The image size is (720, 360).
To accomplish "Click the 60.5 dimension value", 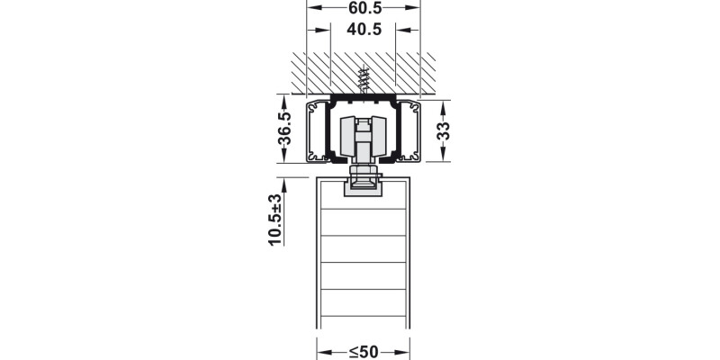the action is pos(365,7).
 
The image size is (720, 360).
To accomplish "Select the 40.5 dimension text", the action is pos(364,30).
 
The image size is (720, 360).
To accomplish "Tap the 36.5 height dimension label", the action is pos(284,128).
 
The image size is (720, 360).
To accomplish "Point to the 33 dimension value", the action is pos(443,130).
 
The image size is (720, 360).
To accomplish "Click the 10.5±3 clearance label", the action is pos(275,220).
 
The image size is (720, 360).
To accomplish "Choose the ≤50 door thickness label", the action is pos(364,352).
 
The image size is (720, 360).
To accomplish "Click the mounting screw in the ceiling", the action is pos(364,79).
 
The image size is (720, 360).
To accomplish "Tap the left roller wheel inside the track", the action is pos(347,136).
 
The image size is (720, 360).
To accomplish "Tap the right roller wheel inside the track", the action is pos(379,136).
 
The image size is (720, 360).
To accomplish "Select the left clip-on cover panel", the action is pos(317,131).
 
